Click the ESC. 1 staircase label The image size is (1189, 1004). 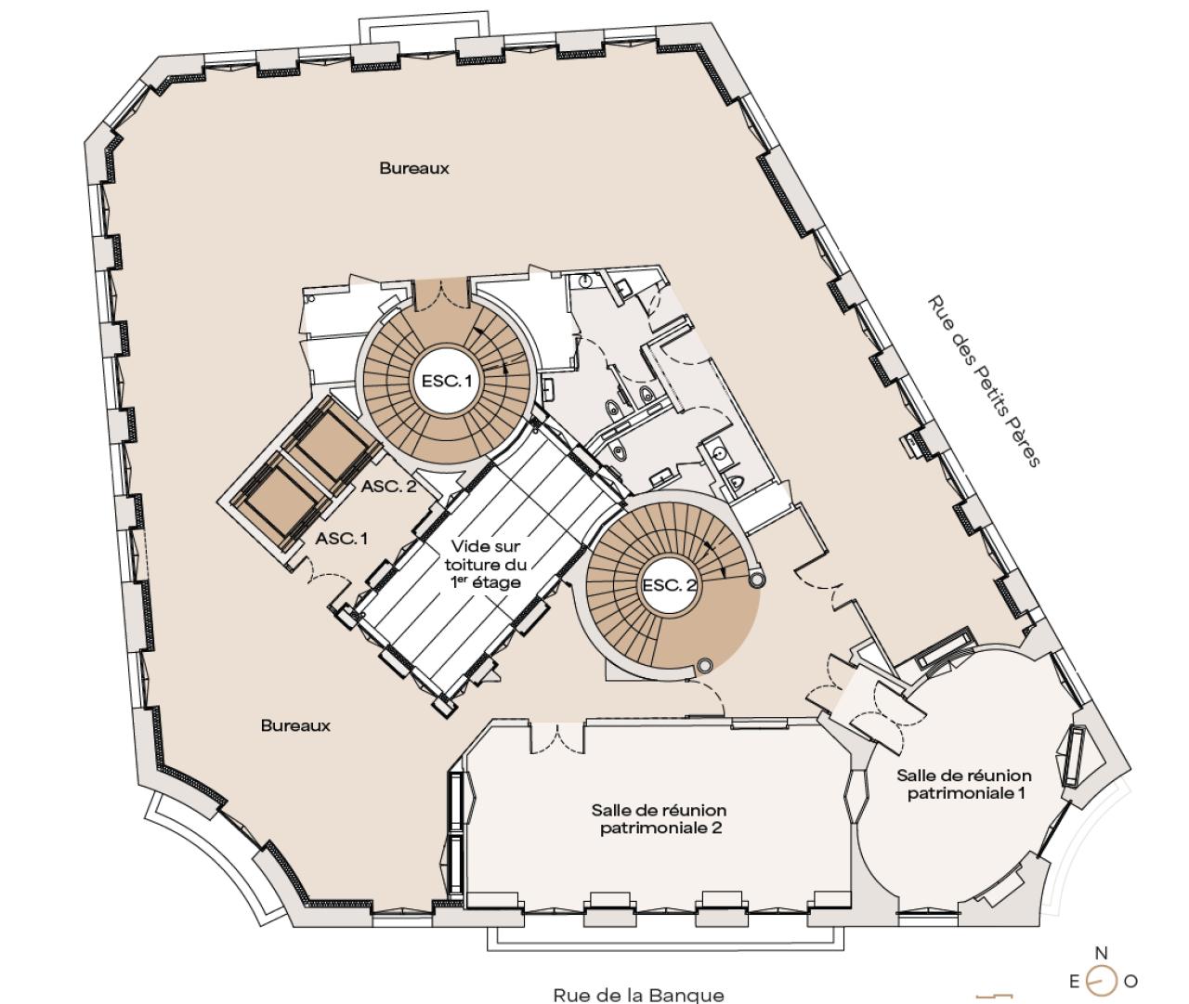pos(447,381)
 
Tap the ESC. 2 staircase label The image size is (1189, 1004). pos(669,585)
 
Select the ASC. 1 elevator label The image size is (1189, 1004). pos(342,538)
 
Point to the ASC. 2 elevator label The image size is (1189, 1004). pos(389,487)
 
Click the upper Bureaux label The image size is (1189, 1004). pos(414,168)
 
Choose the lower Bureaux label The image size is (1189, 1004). pos(295,725)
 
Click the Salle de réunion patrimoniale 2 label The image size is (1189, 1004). pos(659,818)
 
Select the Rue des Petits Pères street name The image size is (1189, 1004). pos(984,381)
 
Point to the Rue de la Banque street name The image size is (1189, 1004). pos(638,995)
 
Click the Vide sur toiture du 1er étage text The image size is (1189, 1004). pos(486,565)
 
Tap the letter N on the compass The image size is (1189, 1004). pos(1102,953)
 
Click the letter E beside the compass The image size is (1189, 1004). pos(1075,981)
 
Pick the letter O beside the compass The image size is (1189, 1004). pos(1130,981)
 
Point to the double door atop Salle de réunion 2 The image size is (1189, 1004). pos(556,737)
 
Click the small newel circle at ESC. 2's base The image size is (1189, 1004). pos(704,665)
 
